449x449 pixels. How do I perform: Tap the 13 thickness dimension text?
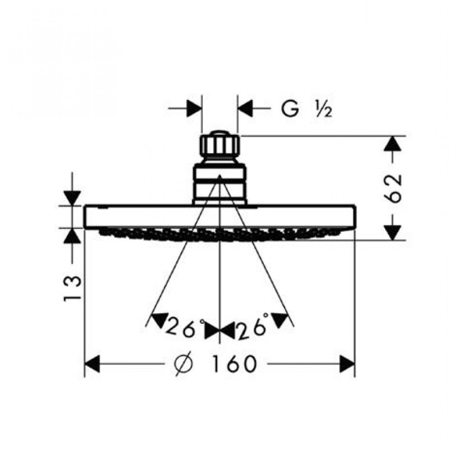72,288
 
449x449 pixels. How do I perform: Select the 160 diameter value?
233,364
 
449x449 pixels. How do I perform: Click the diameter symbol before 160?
184,364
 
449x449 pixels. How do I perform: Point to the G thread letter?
290,109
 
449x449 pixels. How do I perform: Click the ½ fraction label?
324,109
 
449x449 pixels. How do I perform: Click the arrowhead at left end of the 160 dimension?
92,364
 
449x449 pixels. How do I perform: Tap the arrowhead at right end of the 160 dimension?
347,364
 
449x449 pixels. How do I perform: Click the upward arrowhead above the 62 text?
392,144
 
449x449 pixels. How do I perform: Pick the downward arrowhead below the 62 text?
392,232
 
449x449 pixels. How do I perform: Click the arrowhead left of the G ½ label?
245,108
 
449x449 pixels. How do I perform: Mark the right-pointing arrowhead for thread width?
194,108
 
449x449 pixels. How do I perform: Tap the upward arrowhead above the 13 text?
72,235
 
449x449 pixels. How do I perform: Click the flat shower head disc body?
220,217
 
